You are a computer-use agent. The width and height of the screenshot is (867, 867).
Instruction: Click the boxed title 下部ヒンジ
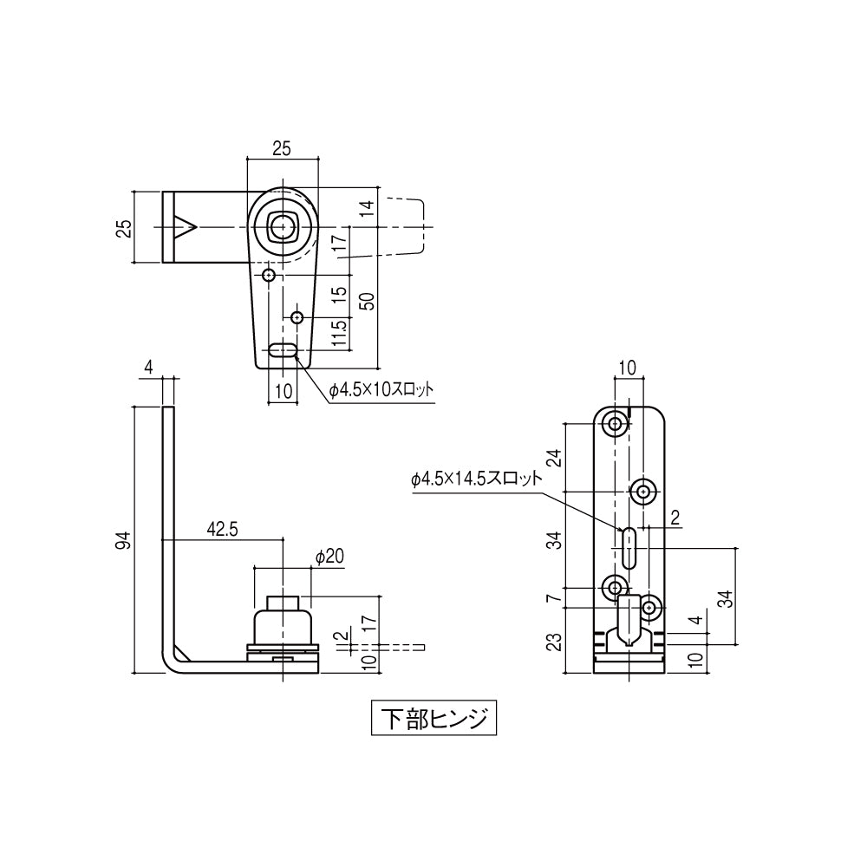click(x=434, y=719)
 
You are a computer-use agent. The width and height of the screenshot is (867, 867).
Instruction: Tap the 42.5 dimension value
click(x=223, y=529)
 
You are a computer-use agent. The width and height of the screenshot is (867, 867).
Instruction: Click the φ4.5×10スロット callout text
click(x=381, y=390)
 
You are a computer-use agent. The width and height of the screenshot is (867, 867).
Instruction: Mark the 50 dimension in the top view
click(x=368, y=301)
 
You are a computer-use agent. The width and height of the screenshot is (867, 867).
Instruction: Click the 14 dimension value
click(x=368, y=208)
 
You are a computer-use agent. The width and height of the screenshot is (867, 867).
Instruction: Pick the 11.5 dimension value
click(x=341, y=333)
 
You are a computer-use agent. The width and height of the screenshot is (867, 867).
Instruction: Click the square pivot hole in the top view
click(x=281, y=226)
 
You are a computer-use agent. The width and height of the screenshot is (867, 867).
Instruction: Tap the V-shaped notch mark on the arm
click(x=186, y=226)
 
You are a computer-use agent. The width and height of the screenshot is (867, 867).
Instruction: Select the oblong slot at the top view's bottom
click(x=283, y=351)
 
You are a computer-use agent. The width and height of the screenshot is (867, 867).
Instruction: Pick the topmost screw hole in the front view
click(x=616, y=425)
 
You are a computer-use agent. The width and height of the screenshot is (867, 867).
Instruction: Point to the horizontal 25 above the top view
click(x=281, y=149)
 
